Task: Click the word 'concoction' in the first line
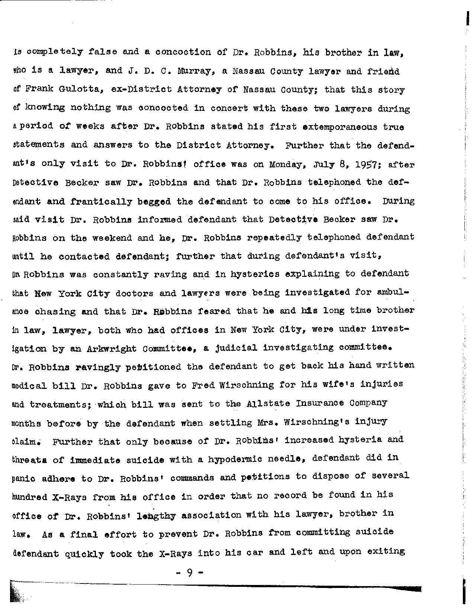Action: (183, 52)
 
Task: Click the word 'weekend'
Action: (110, 238)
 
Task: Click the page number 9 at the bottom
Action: (189, 573)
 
